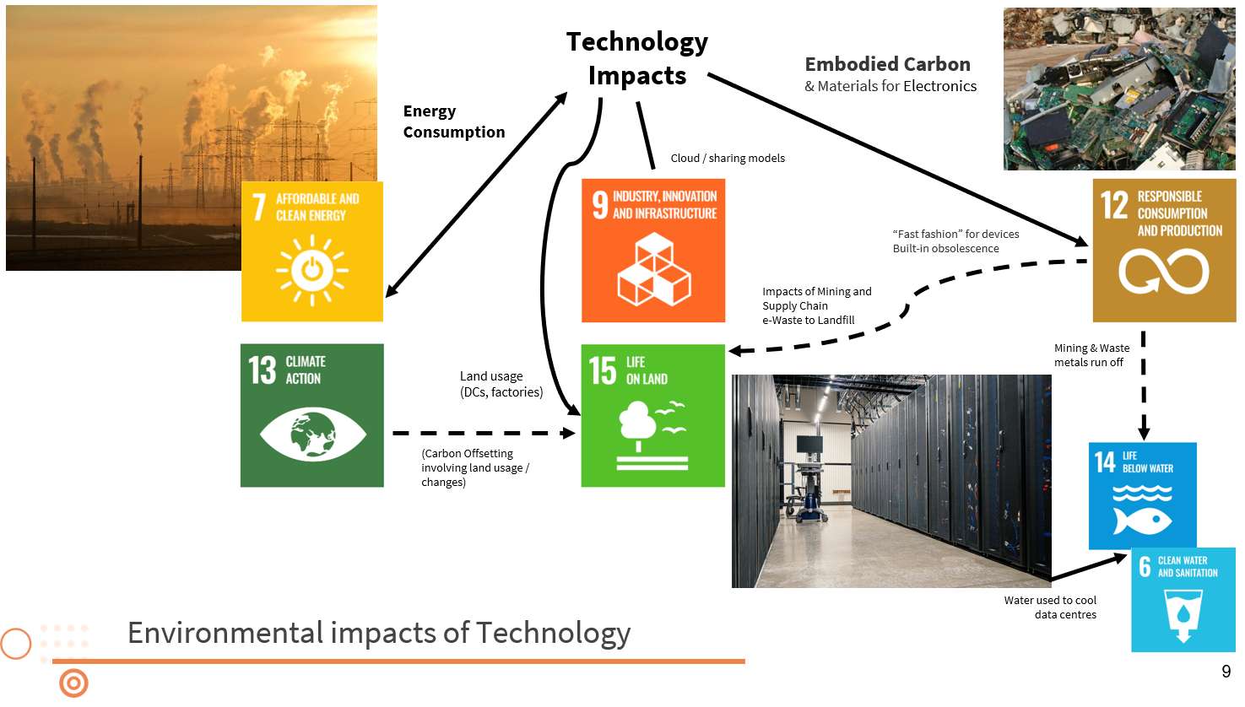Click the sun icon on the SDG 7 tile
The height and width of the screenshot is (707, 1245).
[x=311, y=271]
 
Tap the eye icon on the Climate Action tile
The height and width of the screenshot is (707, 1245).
[x=312, y=434]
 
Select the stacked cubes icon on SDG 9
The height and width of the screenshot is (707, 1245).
[x=653, y=269]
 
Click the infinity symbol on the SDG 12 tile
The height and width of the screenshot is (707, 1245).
[x=1164, y=271]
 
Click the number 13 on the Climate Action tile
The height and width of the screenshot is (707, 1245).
[x=262, y=370]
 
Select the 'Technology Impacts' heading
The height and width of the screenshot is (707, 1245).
[x=637, y=58]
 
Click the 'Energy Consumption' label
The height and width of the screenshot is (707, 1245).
[x=453, y=121]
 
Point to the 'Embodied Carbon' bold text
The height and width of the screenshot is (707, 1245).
[x=888, y=64]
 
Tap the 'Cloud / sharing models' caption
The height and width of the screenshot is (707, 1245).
[x=728, y=159]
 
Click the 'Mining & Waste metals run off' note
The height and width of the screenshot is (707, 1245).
[x=1091, y=355]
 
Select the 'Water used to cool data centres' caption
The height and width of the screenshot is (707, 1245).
[x=1050, y=607]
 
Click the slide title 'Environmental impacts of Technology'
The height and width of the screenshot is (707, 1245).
[x=379, y=633]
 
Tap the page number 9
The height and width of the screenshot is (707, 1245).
[x=1226, y=672]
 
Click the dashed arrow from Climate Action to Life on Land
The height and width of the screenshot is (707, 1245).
[x=484, y=433]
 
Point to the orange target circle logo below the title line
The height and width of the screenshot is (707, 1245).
[x=74, y=683]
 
